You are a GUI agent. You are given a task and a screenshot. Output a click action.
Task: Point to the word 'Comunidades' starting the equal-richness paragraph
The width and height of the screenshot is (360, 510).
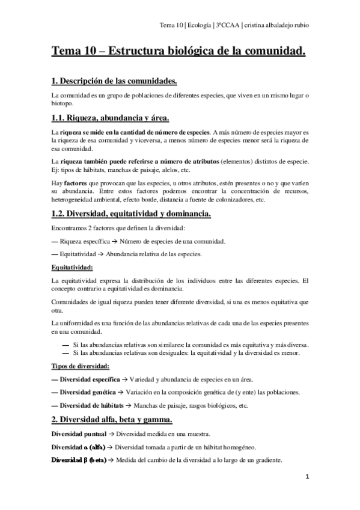click(70, 303)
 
